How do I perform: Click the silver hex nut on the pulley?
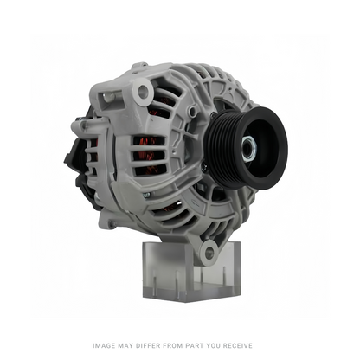(249, 148)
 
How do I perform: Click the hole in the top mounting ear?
(143, 91)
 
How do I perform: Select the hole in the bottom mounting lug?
(209, 252)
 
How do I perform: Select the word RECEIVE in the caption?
(238, 345)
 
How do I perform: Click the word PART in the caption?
(194, 345)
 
